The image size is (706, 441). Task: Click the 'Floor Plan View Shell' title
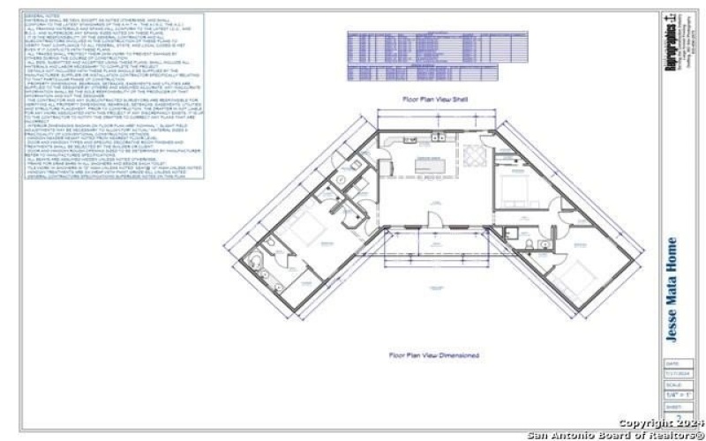point(435,100)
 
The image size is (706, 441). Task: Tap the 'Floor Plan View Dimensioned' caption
point(434,355)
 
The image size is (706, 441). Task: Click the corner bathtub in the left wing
point(256,264)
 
